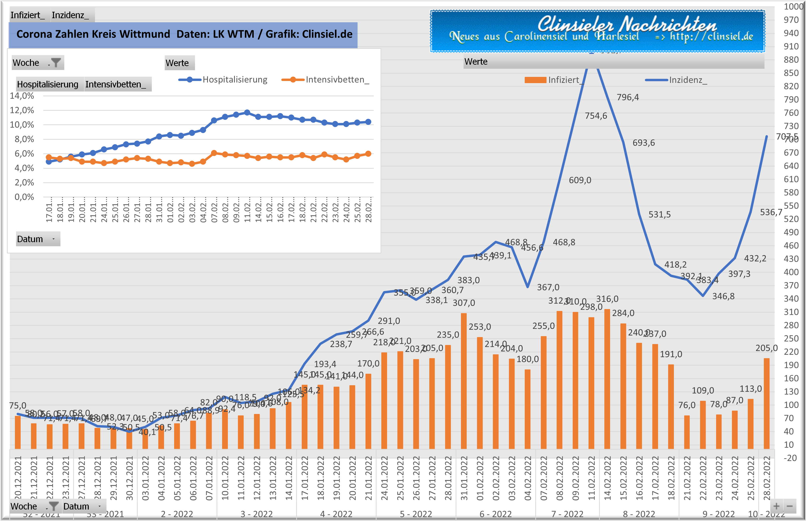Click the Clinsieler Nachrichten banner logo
pyautogui.click(x=597, y=31)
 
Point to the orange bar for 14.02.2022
pyautogui.click(x=607, y=379)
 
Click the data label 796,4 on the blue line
pyautogui.click(x=628, y=97)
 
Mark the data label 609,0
pyautogui.click(x=580, y=180)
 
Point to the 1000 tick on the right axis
pyautogui.click(x=794, y=6)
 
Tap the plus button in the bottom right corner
pyautogui.click(x=777, y=506)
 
